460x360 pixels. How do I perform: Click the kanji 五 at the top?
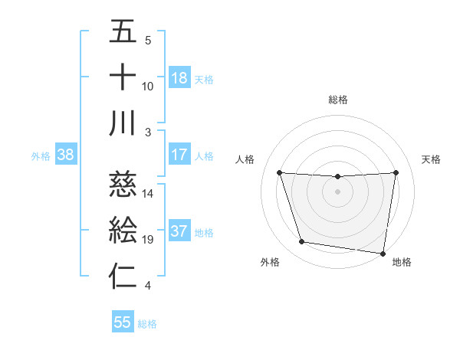(x=123, y=32)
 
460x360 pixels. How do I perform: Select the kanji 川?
(x=123, y=123)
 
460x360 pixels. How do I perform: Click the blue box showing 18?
(x=179, y=78)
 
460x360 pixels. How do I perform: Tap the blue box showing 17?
(x=179, y=155)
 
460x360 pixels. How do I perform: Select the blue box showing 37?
(x=179, y=232)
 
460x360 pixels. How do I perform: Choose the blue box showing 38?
(x=66, y=155)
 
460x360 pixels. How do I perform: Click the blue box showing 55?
(x=123, y=322)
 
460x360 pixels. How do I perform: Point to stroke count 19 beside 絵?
(x=148, y=241)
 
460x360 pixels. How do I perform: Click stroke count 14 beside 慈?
(x=148, y=194)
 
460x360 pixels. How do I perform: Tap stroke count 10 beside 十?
(x=148, y=86)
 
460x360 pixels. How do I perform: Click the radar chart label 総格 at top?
(x=337, y=100)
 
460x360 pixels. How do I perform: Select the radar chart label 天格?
(x=431, y=159)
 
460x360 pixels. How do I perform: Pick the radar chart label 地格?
(x=402, y=262)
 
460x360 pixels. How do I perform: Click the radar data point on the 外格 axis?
(x=302, y=242)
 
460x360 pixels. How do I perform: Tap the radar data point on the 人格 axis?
(x=279, y=173)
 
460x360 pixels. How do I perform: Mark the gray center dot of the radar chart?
(x=337, y=191)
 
